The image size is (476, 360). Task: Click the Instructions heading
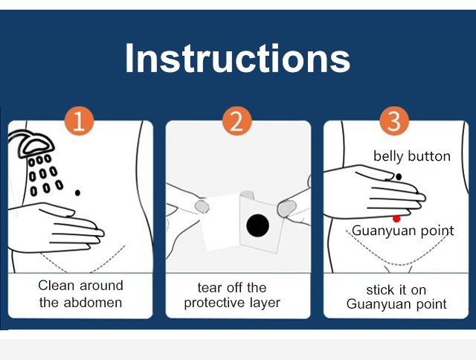tap(238, 58)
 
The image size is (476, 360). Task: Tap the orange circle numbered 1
tap(79, 120)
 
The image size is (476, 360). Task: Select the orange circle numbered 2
tap(237, 120)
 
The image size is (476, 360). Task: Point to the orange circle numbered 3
tap(394, 120)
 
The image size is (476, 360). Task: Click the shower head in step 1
tap(31, 144)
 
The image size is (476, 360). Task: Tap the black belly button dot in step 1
tap(77, 193)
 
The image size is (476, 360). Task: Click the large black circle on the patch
tap(258, 225)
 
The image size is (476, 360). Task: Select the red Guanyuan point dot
tap(396, 219)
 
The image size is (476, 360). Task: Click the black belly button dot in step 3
tap(399, 176)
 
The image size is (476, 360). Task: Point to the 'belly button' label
tap(411, 157)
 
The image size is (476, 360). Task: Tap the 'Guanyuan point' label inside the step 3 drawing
tap(403, 231)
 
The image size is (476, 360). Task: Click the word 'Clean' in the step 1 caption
tap(57, 286)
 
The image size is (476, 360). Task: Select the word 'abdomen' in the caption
tap(93, 303)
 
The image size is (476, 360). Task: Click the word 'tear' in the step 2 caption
tap(210, 288)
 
